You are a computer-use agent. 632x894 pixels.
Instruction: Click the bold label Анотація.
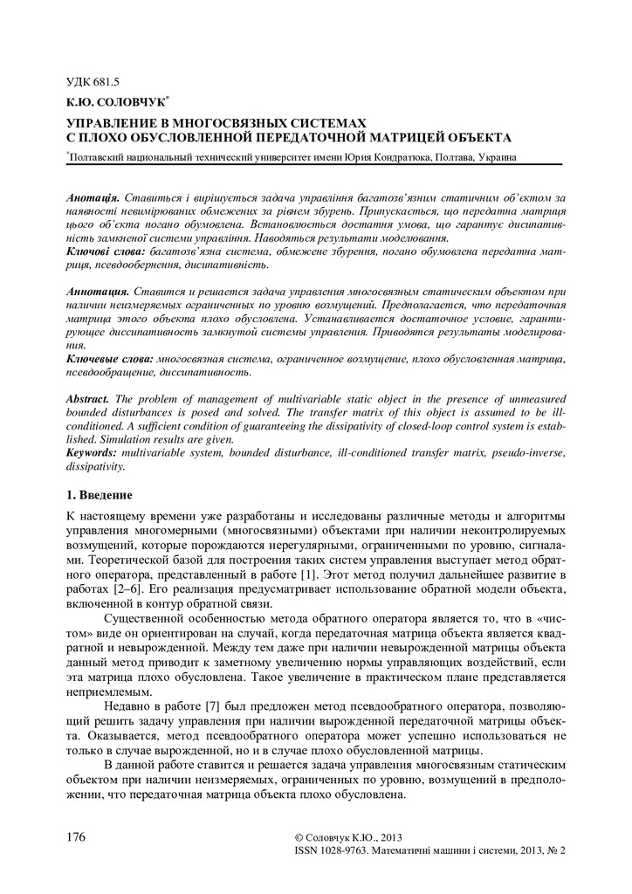[x=93, y=200]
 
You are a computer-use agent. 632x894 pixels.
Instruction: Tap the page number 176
[x=76, y=836]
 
